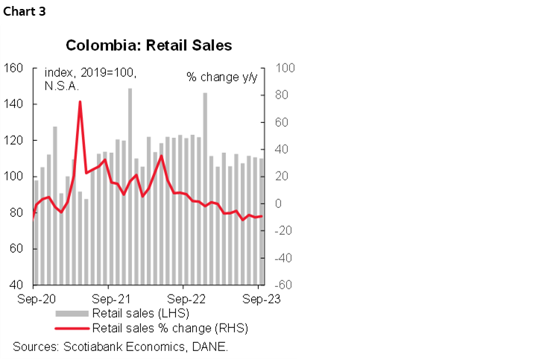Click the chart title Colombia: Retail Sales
(x=149, y=45)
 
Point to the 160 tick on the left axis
(x=16, y=69)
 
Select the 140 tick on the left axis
(x=16, y=104)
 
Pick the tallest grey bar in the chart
(x=130, y=186)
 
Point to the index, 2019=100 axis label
(x=90, y=72)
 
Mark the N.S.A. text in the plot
(x=62, y=86)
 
